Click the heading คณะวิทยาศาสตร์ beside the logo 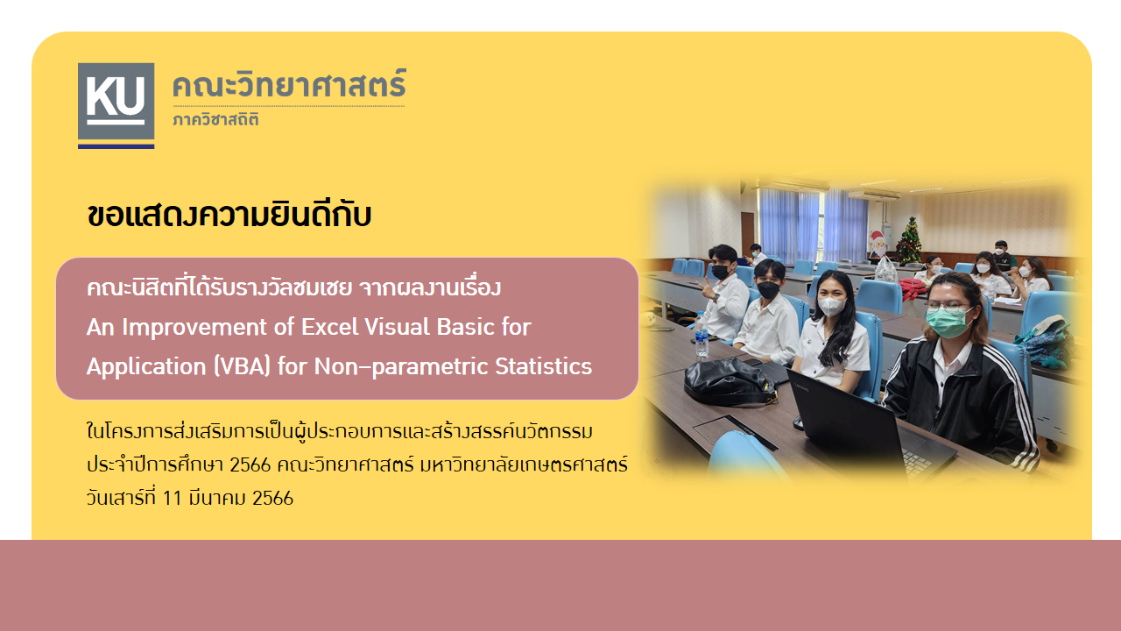pyautogui.click(x=289, y=83)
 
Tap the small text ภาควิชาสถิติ pyautogui.click(x=215, y=119)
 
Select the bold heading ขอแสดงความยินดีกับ pyautogui.click(x=229, y=215)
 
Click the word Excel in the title pyautogui.click(x=330, y=327)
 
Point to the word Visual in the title pyautogui.click(x=398, y=327)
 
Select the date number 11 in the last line pyautogui.click(x=172, y=499)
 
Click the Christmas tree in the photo pyautogui.click(x=909, y=241)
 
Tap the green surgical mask pyautogui.click(x=947, y=322)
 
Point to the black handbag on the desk pyautogui.click(x=728, y=381)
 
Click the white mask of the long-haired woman pyautogui.click(x=831, y=306)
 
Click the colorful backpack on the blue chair pyautogui.click(x=1045, y=341)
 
